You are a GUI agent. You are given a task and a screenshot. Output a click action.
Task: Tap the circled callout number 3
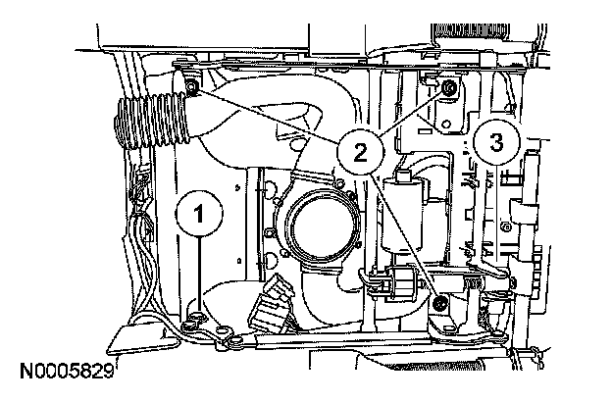(496, 141)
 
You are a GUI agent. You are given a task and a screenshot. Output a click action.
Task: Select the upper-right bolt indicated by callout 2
(448, 89)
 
